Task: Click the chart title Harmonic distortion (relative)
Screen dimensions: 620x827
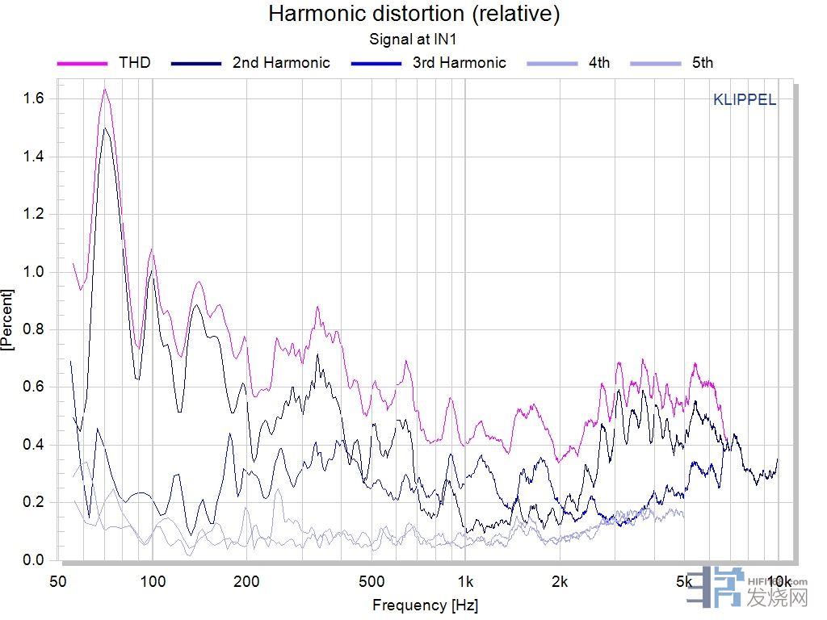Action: pos(413,14)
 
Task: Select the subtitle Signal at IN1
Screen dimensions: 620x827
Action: pos(413,38)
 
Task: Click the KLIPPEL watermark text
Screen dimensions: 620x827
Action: pos(745,100)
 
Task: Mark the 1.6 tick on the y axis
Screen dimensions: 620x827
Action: pos(35,98)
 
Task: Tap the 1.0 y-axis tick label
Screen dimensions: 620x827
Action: pos(35,272)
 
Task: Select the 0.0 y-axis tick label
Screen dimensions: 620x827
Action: pos(35,560)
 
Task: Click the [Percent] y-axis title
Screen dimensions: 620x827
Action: pos(9,319)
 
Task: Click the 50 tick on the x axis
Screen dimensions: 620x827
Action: pos(58,581)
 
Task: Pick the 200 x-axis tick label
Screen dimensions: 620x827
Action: pos(246,581)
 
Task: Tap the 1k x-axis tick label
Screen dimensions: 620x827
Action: pos(465,581)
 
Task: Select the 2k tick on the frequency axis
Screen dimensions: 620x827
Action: pos(560,581)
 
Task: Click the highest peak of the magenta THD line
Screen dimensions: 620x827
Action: pos(105,90)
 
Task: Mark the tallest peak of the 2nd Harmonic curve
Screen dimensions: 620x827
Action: pos(105,128)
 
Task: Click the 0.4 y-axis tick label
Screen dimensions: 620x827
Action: pos(35,445)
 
